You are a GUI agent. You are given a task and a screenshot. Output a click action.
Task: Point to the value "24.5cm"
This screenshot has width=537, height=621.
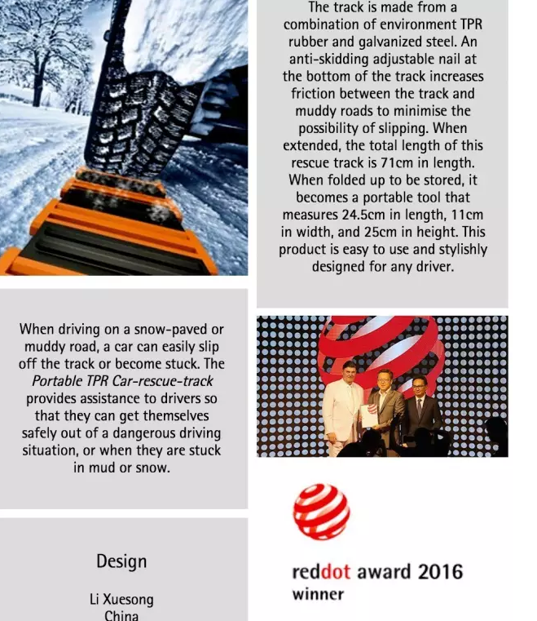click(x=362, y=215)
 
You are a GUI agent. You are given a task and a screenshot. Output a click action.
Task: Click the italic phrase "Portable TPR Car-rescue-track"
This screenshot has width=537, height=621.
click(x=122, y=381)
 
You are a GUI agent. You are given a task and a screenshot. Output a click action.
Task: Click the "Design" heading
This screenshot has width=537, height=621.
click(x=121, y=561)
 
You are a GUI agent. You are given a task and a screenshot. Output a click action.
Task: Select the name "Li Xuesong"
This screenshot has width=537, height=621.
click(x=121, y=600)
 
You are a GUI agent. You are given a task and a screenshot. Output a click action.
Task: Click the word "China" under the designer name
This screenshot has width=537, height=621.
click(x=121, y=615)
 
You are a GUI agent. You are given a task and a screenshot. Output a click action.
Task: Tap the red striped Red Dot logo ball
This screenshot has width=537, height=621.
click(x=322, y=512)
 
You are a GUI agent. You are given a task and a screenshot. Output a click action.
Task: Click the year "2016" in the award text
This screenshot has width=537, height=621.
click(x=441, y=572)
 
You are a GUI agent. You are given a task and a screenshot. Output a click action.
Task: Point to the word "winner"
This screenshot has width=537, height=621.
click(x=319, y=594)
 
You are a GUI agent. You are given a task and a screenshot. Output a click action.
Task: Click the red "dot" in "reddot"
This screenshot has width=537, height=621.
click(x=336, y=572)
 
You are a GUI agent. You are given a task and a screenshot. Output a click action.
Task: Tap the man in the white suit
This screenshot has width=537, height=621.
click(x=342, y=408)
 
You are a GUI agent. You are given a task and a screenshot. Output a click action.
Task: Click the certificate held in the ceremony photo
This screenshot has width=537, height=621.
click(x=369, y=415)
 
